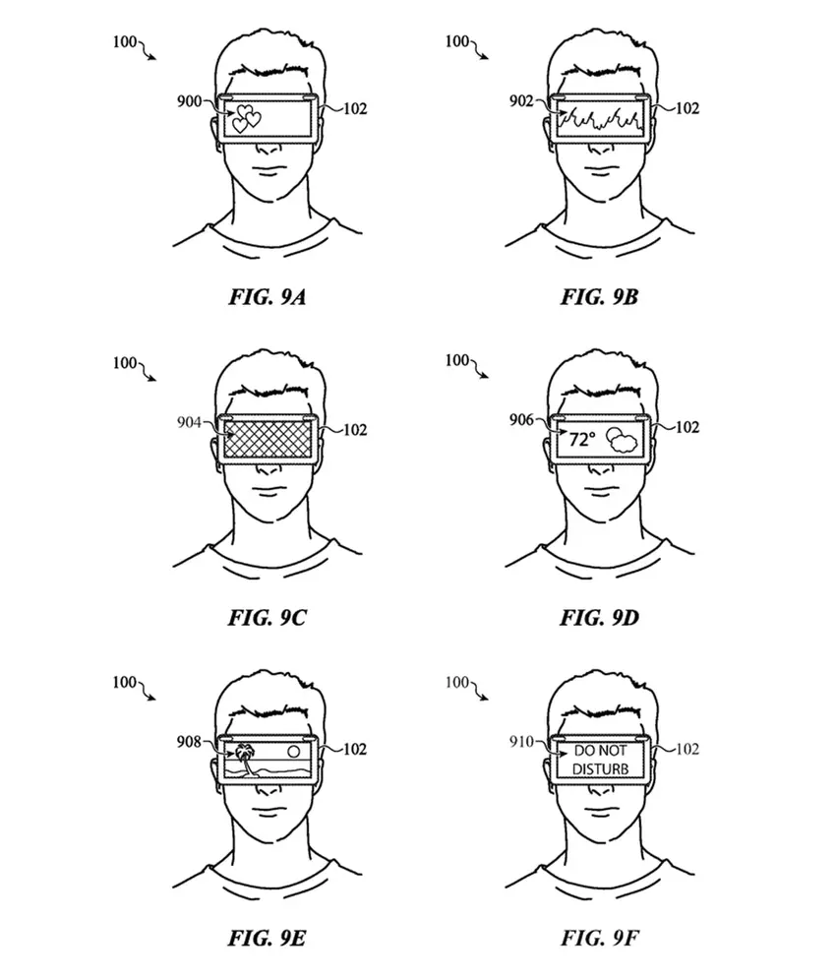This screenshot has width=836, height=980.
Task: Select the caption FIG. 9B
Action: (600, 294)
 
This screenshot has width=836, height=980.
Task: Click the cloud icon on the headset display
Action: (622, 441)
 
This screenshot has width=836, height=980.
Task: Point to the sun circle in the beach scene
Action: (292, 751)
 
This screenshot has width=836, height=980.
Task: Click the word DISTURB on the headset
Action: (599, 767)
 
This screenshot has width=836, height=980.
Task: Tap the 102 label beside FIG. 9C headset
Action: (354, 428)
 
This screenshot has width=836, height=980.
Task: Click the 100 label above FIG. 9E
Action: (125, 682)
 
